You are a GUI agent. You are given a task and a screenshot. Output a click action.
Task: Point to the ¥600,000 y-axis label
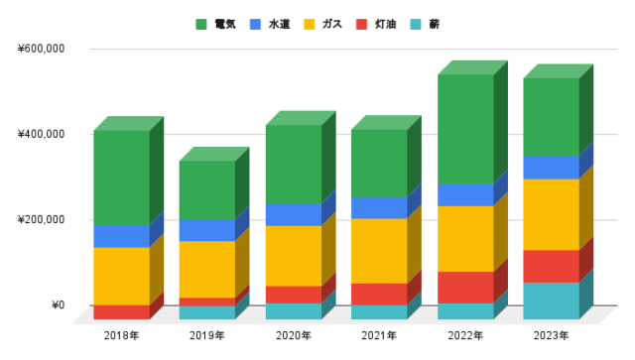tap(41, 48)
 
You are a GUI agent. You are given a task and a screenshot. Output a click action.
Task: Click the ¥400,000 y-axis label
tap(41, 134)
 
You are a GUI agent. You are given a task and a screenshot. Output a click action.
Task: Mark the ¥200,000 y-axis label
tap(41, 219)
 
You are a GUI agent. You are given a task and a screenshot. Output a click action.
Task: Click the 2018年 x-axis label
tap(121, 335)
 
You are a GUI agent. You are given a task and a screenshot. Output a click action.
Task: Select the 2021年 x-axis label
tap(379, 335)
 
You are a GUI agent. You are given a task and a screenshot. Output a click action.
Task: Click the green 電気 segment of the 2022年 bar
tap(465, 129)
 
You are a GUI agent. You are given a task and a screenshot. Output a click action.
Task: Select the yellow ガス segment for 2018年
tap(121, 276)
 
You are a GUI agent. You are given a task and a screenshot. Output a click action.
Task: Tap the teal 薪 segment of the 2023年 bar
tap(551, 300)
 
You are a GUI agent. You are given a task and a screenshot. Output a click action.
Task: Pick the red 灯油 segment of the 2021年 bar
tap(379, 294)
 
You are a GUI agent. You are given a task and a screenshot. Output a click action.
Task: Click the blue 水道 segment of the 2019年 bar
tap(206, 230)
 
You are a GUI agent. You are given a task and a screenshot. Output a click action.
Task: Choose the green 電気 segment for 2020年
tap(293, 164)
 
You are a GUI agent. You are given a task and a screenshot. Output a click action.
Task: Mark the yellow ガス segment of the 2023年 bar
tap(551, 214)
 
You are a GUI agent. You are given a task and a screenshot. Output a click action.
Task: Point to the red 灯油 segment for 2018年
tap(121, 311)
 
